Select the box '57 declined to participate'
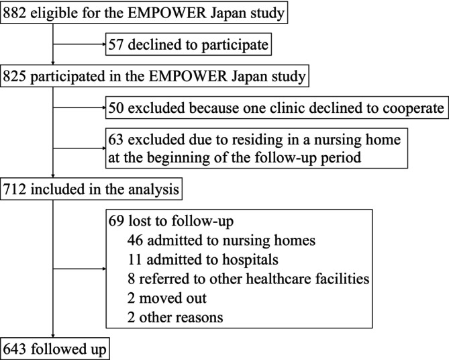pyautogui.click(x=189, y=45)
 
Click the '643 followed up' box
pyautogui.click(x=55, y=349)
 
